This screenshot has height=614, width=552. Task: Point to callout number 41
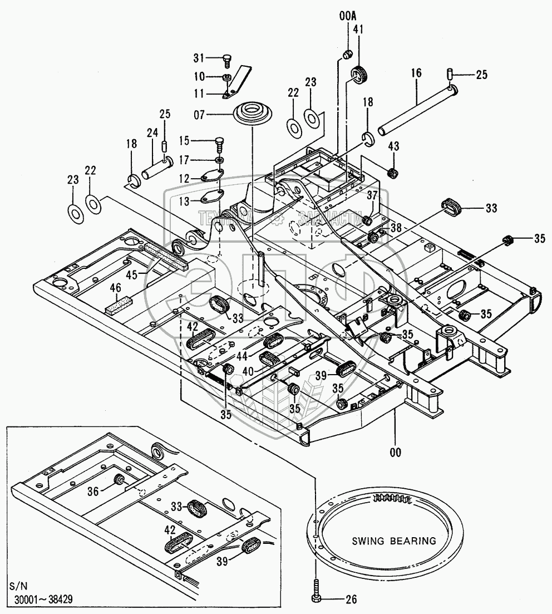[357, 30]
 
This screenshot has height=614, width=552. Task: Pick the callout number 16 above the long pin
[417, 72]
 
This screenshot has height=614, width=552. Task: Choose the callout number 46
[115, 288]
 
